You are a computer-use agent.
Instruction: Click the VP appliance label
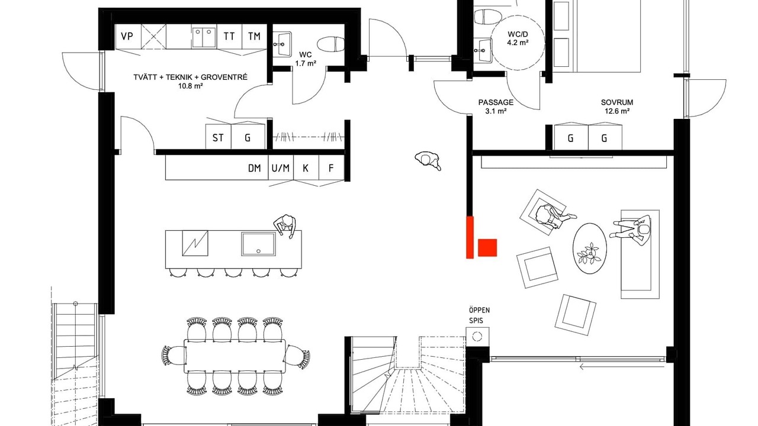(x=127, y=36)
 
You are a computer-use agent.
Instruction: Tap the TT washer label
(x=229, y=36)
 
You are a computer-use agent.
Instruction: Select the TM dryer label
(x=254, y=36)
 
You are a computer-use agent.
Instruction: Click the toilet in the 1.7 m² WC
(x=331, y=44)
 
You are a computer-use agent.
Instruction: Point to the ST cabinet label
(x=218, y=138)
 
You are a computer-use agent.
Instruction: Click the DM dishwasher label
(x=255, y=168)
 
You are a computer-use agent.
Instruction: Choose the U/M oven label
(x=281, y=168)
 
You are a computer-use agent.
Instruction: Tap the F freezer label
(x=331, y=168)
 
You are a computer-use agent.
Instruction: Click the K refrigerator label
(x=306, y=168)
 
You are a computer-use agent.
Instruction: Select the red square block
(x=487, y=247)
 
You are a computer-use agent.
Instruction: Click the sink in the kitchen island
(x=259, y=244)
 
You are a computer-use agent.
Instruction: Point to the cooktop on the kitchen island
(x=195, y=243)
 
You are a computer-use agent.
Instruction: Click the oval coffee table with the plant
(x=590, y=248)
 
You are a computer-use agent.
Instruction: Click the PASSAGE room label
(x=496, y=102)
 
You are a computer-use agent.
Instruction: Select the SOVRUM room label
(x=617, y=102)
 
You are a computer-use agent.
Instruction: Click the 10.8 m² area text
(x=191, y=86)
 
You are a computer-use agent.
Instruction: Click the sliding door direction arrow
(x=622, y=366)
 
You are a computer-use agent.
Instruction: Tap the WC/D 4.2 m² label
(x=518, y=38)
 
